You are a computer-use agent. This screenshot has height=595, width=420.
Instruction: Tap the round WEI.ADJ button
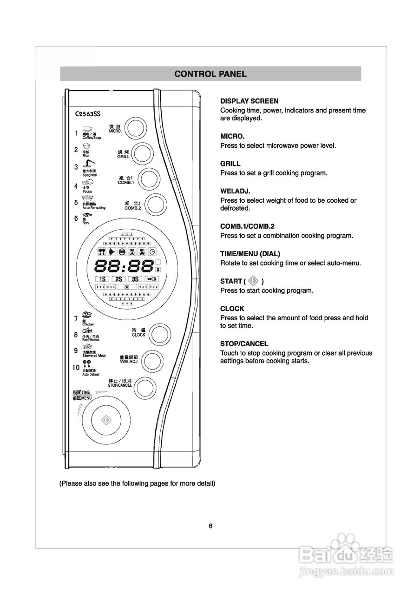click(151, 360)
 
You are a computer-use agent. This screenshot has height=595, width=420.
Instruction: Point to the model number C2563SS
click(88, 113)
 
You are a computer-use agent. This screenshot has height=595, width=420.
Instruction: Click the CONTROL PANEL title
click(210, 74)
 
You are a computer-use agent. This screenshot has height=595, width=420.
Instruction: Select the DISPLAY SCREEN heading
click(249, 101)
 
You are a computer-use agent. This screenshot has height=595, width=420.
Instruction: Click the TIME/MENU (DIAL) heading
click(250, 254)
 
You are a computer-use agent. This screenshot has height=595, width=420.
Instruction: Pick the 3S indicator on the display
click(135, 279)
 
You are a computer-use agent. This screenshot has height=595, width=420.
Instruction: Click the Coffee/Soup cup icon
click(87, 129)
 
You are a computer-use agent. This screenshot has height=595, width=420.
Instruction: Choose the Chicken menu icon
click(87, 315)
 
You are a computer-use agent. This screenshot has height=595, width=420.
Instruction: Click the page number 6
click(210, 526)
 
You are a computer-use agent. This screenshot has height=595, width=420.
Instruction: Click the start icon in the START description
click(253, 281)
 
